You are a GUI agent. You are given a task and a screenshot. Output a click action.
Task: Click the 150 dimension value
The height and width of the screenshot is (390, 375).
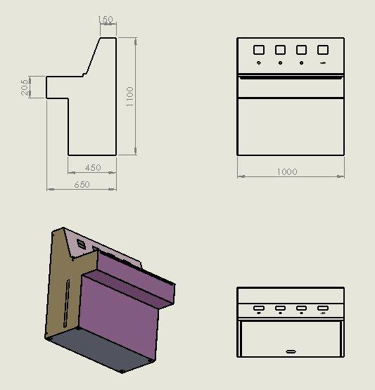click(107, 20)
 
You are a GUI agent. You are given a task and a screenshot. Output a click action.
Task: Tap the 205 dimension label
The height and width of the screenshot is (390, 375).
click(25, 87)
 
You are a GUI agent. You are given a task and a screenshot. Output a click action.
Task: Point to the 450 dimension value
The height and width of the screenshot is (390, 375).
click(92, 168)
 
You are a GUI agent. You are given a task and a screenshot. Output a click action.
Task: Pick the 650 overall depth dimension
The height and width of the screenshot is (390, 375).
click(82, 184)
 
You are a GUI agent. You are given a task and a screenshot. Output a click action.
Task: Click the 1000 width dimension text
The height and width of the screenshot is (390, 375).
click(287, 172)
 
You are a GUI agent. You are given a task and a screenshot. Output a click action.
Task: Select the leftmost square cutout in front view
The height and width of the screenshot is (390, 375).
click(258, 50)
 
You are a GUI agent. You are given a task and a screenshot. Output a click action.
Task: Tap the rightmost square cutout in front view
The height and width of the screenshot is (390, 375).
click(323, 50)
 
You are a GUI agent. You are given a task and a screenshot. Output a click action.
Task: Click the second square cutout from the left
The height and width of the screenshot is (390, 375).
click(280, 50)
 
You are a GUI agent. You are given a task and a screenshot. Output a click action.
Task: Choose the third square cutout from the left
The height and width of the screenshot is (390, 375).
click(302, 50)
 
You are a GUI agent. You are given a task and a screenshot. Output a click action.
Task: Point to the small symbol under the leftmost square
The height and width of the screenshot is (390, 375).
click(258, 63)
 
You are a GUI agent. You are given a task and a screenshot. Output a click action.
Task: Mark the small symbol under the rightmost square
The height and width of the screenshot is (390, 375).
click(323, 63)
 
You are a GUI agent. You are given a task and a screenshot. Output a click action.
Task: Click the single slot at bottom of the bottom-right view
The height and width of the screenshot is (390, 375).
click(291, 351)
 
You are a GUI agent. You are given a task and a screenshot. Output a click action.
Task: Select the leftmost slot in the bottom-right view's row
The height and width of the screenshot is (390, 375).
click(259, 308)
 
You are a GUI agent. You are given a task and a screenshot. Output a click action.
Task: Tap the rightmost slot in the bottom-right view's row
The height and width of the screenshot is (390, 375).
click(323, 308)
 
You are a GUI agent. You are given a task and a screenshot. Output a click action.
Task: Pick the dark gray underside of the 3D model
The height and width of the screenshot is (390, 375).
click(98, 351)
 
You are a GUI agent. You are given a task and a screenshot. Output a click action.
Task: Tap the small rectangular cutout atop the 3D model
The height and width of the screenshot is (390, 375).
click(82, 245)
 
